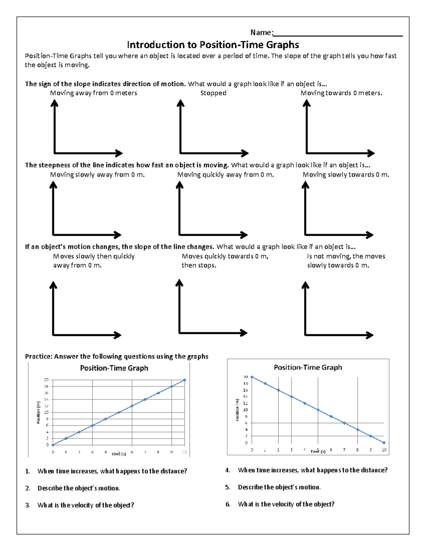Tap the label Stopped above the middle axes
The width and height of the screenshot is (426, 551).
[x=213, y=93]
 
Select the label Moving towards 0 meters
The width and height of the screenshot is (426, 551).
[x=341, y=93]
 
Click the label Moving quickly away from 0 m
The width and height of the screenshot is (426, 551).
[x=225, y=175]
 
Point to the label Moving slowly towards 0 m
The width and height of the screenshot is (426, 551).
[x=346, y=175]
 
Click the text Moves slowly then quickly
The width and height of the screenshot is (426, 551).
[x=94, y=256]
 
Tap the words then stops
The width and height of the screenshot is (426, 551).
[x=199, y=265]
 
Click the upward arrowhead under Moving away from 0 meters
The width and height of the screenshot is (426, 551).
[x=54, y=103]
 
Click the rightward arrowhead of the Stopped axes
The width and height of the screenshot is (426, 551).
[x=245, y=153]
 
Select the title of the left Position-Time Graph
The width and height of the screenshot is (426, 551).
[x=114, y=368]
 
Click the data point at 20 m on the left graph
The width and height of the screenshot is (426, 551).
[x=185, y=380]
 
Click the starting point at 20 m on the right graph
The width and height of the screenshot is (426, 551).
[x=252, y=377]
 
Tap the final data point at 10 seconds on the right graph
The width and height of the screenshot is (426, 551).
[x=384, y=443]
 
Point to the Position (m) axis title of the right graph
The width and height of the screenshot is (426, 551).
[x=237, y=410]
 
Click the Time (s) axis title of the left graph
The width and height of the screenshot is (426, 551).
[x=119, y=454]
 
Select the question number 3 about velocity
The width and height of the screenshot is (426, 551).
[x=27, y=505]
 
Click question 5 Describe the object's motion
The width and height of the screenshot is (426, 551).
[x=279, y=487]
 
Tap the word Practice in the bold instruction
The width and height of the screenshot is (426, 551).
[x=38, y=357]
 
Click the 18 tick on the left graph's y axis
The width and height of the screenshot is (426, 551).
[x=46, y=386]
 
